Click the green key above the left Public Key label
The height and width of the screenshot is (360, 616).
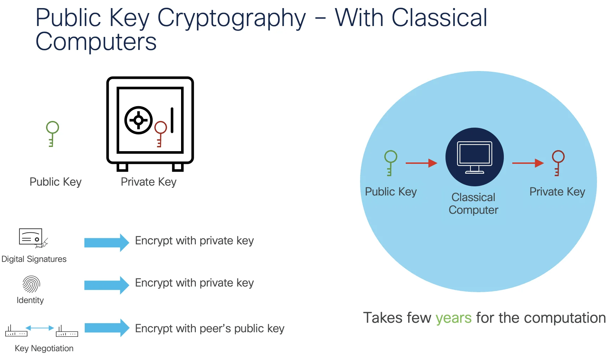click(52, 133)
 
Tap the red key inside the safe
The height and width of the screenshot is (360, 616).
click(160, 133)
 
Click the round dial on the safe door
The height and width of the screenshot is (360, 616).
click(139, 120)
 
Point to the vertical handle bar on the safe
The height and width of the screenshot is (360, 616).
click(172, 120)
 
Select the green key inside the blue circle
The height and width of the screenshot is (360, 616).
click(390, 162)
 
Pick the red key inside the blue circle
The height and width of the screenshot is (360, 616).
click(558, 162)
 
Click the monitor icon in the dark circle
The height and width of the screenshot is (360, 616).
click(474, 157)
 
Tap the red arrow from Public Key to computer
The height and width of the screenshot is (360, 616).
click(421, 163)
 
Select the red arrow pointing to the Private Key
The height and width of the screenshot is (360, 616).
click(528, 163)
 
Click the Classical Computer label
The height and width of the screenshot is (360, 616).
click(474, 204)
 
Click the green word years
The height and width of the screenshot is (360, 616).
click(453, 318)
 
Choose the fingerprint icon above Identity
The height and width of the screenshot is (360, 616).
click(31, 284)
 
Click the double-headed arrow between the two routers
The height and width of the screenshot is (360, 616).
click(40, 328)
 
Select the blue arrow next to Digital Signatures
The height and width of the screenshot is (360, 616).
click(107, 243)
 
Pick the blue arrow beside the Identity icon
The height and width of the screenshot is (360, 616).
click(107, 285)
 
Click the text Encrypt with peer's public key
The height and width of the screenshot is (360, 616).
click(210, 328)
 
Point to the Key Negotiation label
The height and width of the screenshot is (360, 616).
click(44, 348)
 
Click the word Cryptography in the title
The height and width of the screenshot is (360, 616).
click(231, 18)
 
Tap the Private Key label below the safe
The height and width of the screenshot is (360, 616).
click(148, 182)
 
